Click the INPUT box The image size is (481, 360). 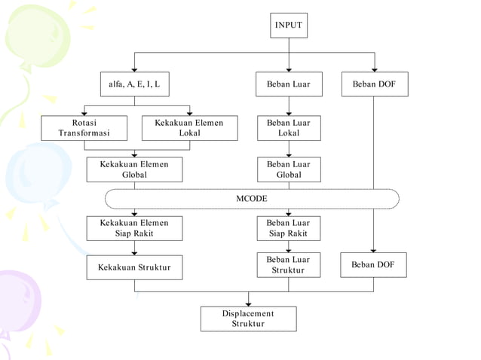(x=289, y=25)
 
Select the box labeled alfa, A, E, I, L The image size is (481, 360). (x=134, y=84)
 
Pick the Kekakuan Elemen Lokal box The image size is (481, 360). (x=189, y=128)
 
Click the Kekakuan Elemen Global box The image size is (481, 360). (x=134, y=169)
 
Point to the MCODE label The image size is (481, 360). (x=252, y=198)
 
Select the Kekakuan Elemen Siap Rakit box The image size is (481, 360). (x=134, y=228)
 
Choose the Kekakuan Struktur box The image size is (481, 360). (x=134, y=267)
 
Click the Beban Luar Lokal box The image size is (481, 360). (x=288, y=128)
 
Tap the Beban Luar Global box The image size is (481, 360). (x=288, y=169)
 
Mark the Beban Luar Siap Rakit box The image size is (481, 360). (x=288, y=228)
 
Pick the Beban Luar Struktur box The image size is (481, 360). (x=288, y=265)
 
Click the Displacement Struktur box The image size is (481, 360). (x=248, y=319)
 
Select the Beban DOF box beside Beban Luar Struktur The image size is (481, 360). (x=374, y=265)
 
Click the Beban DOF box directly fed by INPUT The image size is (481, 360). (x=374, y=84)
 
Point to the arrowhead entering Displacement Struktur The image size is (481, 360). (x=248, y=303)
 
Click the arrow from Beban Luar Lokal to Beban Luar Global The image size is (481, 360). (x=288, y=149)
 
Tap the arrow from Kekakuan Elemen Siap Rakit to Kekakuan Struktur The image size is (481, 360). (x=134, y=249)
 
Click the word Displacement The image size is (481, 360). (x=248, y=313)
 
